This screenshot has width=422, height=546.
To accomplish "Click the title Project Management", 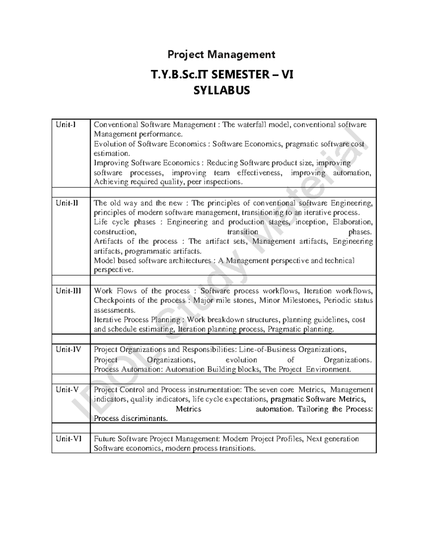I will (x=221, y=54).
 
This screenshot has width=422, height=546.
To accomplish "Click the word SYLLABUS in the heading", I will (x=222, y=90).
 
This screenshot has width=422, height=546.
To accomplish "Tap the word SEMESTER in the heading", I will (x=235, y=75).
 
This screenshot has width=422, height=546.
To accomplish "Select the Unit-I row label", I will (x=65, y=124).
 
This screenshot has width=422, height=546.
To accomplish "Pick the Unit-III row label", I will (x=68, y=291).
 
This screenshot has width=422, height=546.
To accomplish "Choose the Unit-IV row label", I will (x=68, y=349).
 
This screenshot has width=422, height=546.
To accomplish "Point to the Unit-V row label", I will (x=67, y=390).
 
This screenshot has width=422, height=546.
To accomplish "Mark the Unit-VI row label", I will (x=68, y=439).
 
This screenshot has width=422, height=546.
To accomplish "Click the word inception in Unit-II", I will (x=311, y=222).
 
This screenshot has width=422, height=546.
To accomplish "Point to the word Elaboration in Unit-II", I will (x=352, y=222).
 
